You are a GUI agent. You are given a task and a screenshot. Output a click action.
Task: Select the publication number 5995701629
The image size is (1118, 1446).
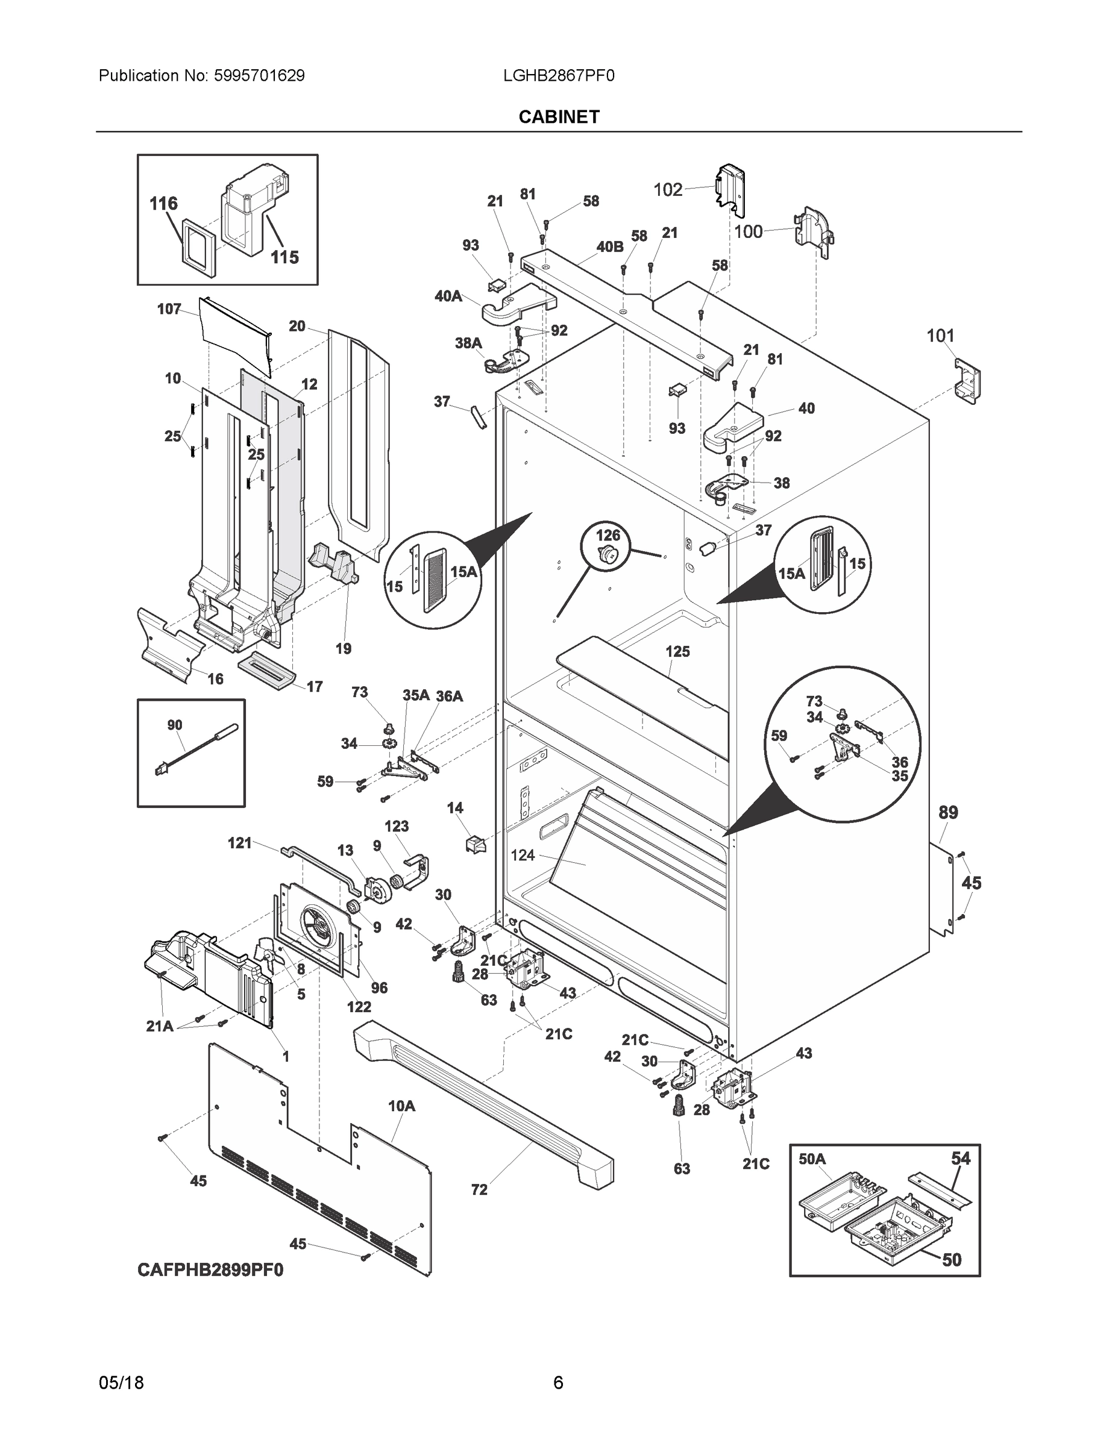(x=259, y=75)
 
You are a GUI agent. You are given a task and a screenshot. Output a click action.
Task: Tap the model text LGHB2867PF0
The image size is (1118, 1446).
(x=558, y=75)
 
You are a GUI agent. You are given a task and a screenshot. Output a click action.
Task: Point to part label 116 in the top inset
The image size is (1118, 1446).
(x=163, y=203)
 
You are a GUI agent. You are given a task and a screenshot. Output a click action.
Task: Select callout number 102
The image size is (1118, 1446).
(x=668, y=190)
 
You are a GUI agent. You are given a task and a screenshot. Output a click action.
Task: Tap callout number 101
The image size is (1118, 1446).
(x=940, y=336)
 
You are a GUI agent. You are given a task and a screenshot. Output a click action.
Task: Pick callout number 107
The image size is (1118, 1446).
(x=169, y=308)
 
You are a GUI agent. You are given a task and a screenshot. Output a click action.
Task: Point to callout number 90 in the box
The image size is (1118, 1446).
(x=174, y=725)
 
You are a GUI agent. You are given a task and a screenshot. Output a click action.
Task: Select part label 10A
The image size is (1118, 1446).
(x=401, y=1106)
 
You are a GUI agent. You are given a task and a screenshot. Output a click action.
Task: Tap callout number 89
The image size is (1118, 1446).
(x=948, y=812)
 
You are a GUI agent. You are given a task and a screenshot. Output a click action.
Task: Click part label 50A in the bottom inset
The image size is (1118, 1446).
(x=812, y=1158)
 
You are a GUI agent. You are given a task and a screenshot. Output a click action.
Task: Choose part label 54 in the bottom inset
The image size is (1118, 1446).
(x=960, y=1157)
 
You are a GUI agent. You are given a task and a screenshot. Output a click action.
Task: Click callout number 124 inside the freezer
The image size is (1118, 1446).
(x=523, y=856)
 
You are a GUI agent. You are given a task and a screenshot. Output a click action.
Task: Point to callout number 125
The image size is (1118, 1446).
(x=677, y=651)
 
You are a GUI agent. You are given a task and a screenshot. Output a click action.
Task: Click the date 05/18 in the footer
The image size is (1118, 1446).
(x=121, y=1383)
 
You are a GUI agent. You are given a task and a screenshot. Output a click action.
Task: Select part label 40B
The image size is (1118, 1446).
(x=609, y=246)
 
